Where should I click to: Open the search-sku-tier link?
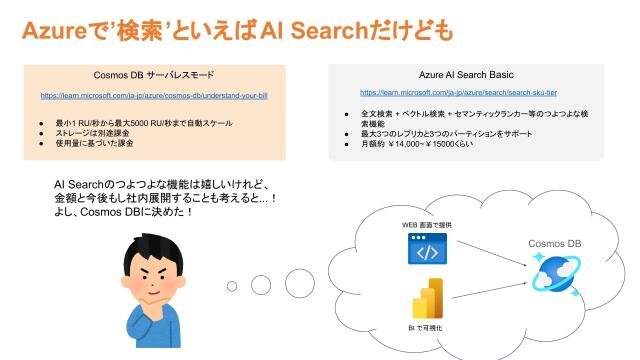[465, 92]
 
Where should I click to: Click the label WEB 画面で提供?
[426, 226]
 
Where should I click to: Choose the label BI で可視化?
[427, 327]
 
